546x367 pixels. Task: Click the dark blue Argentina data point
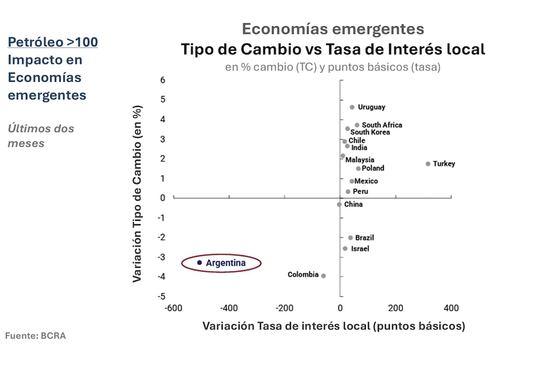200,263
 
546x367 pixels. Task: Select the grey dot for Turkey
428,164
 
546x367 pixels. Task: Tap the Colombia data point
323,276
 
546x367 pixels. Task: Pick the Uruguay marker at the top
352,107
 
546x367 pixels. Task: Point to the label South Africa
382,125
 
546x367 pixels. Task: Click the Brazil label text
364,238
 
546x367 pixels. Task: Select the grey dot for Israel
345,249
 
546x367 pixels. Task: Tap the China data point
339,204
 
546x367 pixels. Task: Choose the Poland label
373,168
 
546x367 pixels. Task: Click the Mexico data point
352,181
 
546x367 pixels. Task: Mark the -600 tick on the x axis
173,308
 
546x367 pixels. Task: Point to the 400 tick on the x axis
451,308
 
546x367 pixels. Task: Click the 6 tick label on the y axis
163,80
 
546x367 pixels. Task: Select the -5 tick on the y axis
162,296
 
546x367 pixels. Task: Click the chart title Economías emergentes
333,28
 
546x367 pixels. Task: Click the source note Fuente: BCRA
35,336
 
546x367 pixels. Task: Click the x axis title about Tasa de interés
334,326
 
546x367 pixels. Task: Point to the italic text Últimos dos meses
41,136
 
